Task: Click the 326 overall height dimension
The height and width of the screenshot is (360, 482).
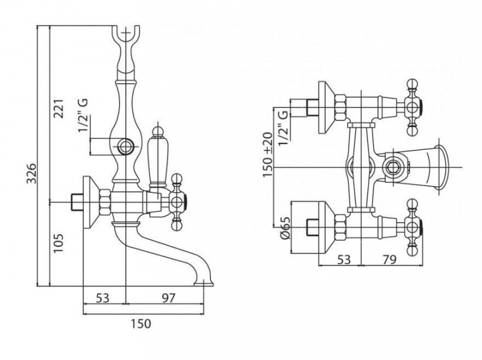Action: coord(38,175)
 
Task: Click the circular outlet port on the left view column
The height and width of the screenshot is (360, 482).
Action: coord(126,146)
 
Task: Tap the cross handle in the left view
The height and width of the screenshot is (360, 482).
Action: coord(177,202)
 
